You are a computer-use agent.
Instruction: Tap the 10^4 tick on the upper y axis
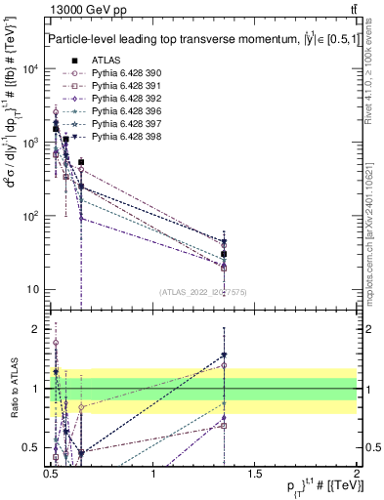tap(30, 69)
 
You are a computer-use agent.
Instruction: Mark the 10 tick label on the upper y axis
tap(34, 289)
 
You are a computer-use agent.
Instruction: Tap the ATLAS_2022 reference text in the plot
tap(203, 291)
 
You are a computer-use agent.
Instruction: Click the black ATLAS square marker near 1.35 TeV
tap(225, 254)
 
